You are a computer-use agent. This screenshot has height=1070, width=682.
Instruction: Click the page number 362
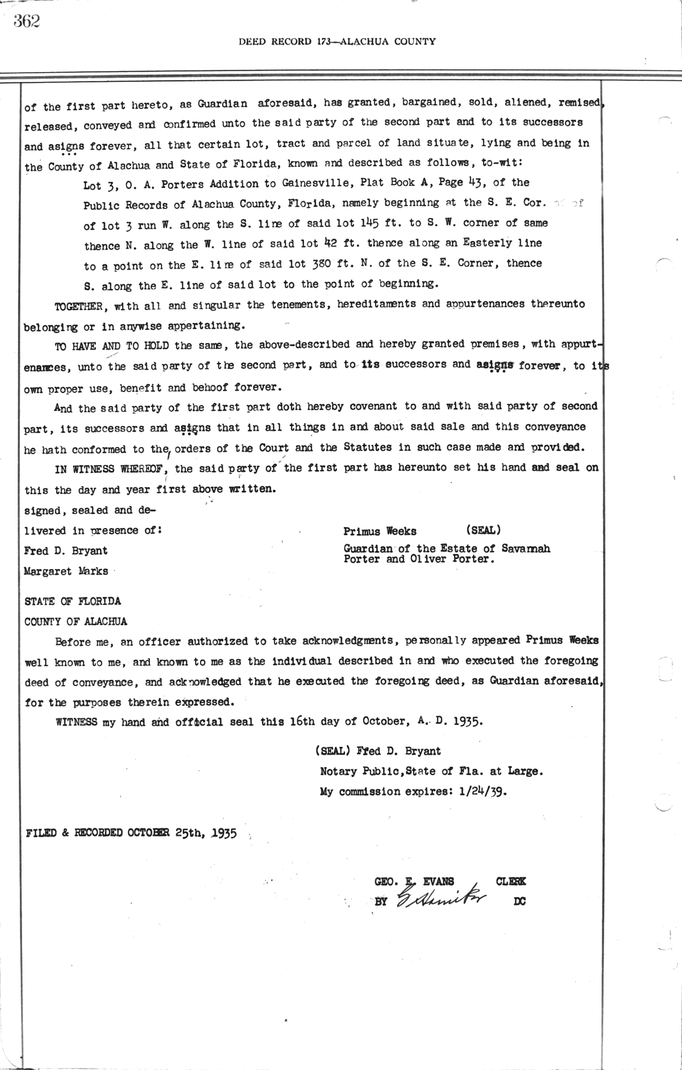[x=26, y=21]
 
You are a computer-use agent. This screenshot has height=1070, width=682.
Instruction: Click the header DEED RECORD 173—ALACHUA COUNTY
[x=337, y=41]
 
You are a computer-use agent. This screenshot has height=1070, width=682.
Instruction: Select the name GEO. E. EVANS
[x=414, y=881]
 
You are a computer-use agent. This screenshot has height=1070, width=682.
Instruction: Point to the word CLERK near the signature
[x=510, y=881]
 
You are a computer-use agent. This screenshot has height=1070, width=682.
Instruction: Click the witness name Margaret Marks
[x=66, y=571]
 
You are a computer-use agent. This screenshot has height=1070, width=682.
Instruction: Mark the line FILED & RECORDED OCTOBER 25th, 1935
[x=131, y=834]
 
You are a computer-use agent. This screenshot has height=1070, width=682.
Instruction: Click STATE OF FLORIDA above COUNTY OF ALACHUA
[x=72, y=601]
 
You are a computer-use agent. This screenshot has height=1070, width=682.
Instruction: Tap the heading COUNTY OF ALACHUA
[x=76, y=621]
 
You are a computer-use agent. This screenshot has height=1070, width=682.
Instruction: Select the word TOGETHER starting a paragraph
[x=78, y=307]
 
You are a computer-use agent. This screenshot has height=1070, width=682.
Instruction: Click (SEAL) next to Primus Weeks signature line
[x=483, y=530]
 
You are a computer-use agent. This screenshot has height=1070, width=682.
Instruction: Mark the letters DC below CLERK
[x=519, y=901]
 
